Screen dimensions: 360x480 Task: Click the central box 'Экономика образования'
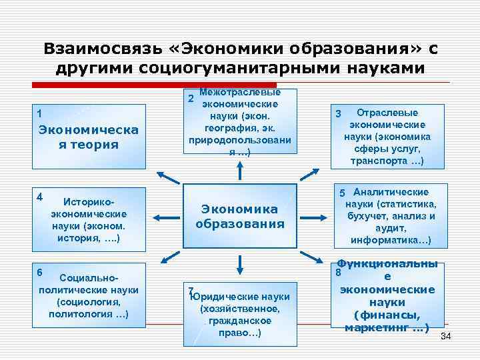click(240, 217)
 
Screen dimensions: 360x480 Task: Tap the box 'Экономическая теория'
click(88, 137)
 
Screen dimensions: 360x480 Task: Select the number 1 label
click(41, 113)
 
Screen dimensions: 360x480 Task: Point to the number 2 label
click(190, 99)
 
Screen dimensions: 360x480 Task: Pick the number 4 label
click(41, 197)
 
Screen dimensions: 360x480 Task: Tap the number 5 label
click(343, 193)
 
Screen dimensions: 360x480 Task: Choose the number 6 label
click(41, 272)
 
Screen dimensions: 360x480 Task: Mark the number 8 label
click(339, 272)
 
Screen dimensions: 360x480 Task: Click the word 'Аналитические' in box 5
click(391, 192)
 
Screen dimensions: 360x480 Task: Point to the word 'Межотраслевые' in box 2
click(240, 92)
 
